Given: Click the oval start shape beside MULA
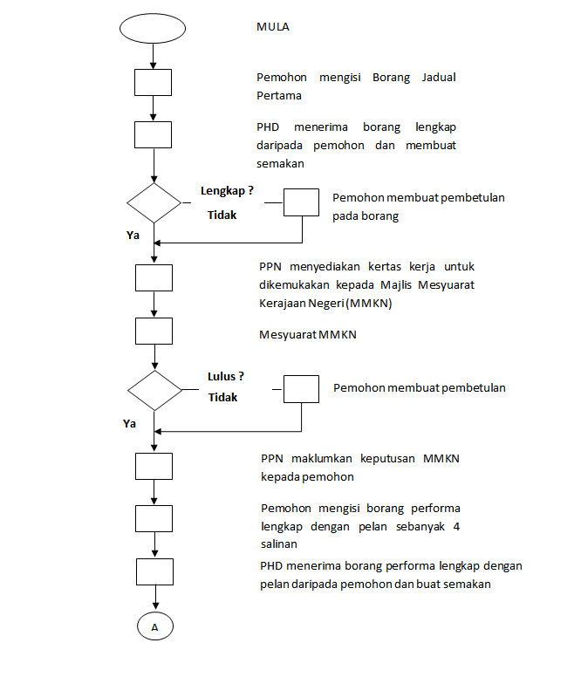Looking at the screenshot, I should (153, 27).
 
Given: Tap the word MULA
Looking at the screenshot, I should (273, 27).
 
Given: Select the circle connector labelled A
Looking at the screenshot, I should (154, 626).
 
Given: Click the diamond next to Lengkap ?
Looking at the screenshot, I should (154, 202).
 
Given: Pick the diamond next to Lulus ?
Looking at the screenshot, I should (154, 390).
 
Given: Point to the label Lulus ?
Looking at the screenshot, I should (225, 377).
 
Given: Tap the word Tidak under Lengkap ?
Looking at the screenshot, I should (222, 215).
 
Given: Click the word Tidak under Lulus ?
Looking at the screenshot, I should (222, 398).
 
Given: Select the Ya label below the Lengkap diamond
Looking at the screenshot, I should (133, 236).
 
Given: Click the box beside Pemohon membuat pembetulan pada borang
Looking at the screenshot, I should (302, 202).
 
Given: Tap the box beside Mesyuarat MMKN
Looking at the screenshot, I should (154, 332).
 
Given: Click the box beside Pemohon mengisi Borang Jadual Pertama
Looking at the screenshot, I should (154, 82).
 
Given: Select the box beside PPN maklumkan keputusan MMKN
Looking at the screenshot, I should (154, 466).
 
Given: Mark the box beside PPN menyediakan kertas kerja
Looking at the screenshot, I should (154, 277).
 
